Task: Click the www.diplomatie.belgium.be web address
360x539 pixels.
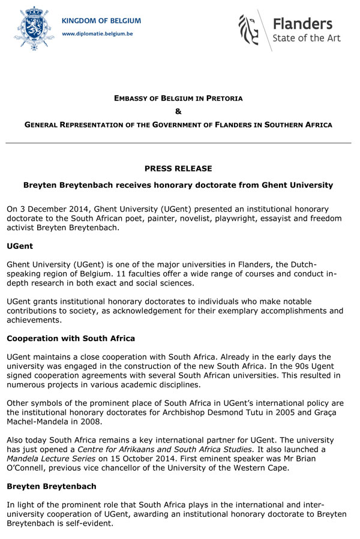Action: coord(98,34)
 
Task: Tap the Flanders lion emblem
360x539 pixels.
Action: coord(250,30)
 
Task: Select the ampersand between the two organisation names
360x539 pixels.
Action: coord(178,111)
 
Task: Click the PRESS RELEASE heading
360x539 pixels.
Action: coord(178,168)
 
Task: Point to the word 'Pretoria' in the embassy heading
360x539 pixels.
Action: coord(220,98)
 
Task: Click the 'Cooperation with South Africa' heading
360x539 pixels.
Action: coord(71,339)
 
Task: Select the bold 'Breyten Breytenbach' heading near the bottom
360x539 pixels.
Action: coord(53,487)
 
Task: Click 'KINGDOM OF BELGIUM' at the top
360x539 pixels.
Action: coord(101,21)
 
